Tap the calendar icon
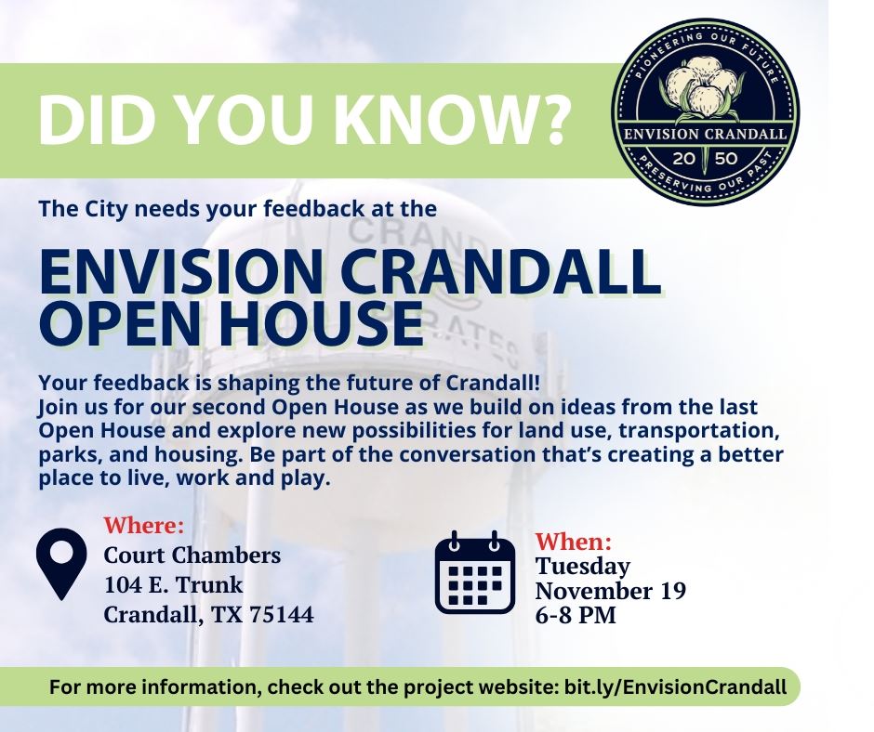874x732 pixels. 475,573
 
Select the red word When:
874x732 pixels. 575,541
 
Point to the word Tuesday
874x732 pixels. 583,566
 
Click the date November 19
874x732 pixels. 611,591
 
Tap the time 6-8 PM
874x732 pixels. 576,615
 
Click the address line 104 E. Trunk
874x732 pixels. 174,585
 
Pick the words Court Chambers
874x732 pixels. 192,556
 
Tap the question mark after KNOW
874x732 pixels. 552,121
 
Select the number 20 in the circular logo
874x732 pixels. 684,158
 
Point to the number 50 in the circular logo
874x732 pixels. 727,158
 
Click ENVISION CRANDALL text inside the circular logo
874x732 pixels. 706,136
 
